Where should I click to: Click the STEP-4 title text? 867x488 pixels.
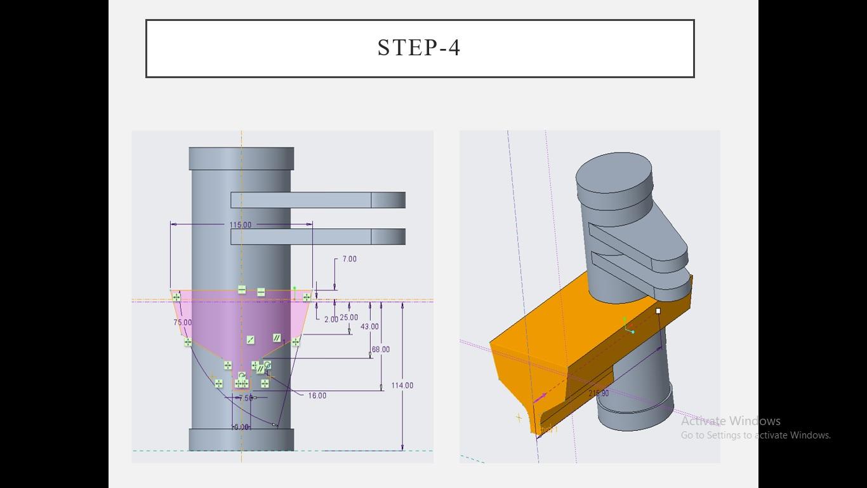pyautogui.click(x=419, y=48)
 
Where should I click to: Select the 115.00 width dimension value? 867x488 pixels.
pyautogui.click(x=241, y=225)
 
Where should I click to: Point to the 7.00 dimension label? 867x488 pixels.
pyautogui.click(x=349, y=259)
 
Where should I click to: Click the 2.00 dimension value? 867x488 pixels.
pyautogui.click(x=331, y=320)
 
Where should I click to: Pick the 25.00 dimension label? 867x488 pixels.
pyautogui.click(x=349, y=318)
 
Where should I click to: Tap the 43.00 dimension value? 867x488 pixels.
pyautogui.click(x=369, y=327)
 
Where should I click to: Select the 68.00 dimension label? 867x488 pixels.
pyautogui.click(x=381, y=349)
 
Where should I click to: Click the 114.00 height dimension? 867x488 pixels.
pyautogui.click(x=402, y=386)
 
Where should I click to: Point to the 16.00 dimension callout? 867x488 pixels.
pyautogui.click(x=317, y=396)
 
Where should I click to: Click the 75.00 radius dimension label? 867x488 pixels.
pyautogui.click(x=182, y=323)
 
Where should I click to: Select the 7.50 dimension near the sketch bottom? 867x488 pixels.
pyautogui.click(x=246, y=398)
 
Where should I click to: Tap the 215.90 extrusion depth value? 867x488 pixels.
pyautogui.click(x=599, y=394)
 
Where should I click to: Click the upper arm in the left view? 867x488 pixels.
pyautogui.click(x=317, y=200)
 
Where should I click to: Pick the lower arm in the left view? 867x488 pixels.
pyautogui.click(x=317, y=237)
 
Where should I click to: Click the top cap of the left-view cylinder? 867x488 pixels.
pyautogui.click(x=241, y=158)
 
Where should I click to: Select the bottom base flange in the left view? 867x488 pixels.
pyautogui.click(x=241, y=440)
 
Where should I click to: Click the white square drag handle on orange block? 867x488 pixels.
pyautogui.click(x=658, y=311)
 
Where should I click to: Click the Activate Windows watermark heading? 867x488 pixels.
pyautogui.click(x=731, y=421)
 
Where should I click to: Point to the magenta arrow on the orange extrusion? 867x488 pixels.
pyautogui.click(x=540, y=398)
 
